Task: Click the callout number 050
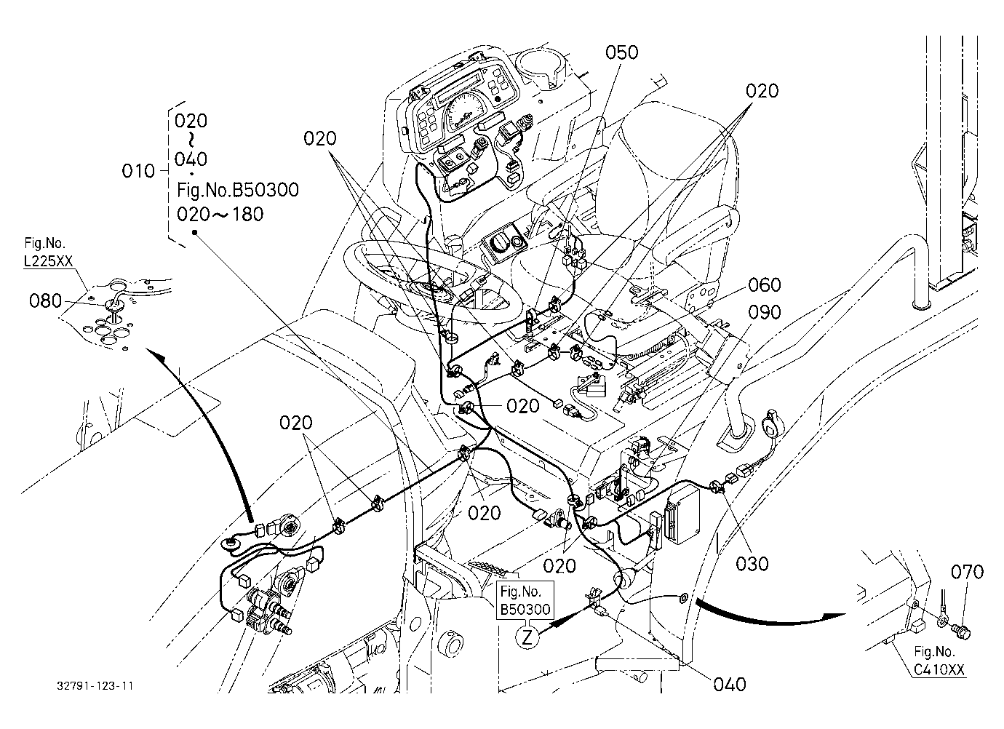(x=621, y=52)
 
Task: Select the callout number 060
(x=764, y=284)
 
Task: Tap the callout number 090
(x=764, y=313)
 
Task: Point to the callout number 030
(x=752, y=564)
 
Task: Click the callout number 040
(x=730, y=685)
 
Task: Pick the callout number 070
(x=967, y=572)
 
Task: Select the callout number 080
(x=45, y=300)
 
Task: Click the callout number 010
(x=138, y=171)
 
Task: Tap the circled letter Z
(x=527, y=637)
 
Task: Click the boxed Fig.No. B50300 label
(x=525, y=600)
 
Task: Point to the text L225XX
(x=48, y=261)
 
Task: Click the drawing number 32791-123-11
(x=95, y=686)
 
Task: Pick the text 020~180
(x=220, y=215)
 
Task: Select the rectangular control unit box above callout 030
(x=682, y=514)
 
